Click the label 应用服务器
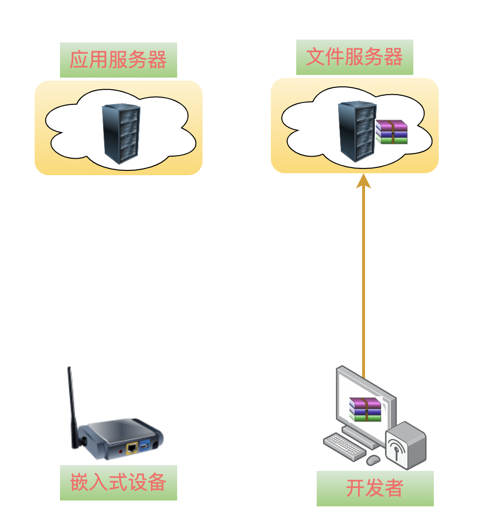tap(118, 60)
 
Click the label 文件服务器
tap(354, 57)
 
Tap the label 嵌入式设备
tap(118, 483)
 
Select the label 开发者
tap(375, 488)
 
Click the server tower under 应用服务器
tap(121, 133)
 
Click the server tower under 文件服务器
tap(357, 131)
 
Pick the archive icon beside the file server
tap(391, 132)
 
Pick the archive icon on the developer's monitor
tap(365, 409)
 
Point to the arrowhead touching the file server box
tap(364, 181)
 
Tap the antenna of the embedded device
tap(72, 405)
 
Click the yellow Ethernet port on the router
tap(131, 448)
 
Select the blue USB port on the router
tap(144, 446)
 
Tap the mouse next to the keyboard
tap(373, 460)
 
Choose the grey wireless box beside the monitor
tap(406, 445)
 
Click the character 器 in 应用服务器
tap(157, 60)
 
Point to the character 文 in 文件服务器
tap(315, 57)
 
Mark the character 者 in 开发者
tap(394, 488)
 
